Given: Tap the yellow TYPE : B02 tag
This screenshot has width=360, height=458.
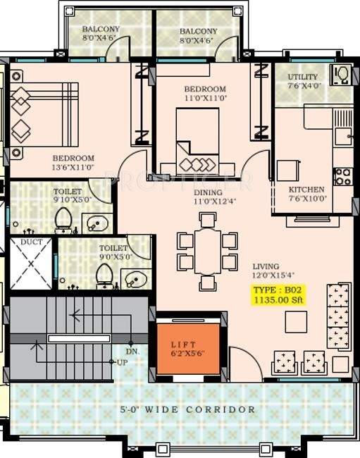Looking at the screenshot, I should (x=278, y=290).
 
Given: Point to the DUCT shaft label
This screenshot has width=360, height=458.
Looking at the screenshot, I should (x=31, y=242).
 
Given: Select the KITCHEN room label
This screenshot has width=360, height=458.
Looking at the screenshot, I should (x=306, y=190).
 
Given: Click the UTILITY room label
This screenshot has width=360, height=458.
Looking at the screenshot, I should (x=303, y=77).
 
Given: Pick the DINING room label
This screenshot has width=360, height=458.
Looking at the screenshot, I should (x=209, y=192).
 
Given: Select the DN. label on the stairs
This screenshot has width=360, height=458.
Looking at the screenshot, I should (x=132, y=350).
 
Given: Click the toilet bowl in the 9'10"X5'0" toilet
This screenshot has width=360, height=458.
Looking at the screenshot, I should (x=63, y=220).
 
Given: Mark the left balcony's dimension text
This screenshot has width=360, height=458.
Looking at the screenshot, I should (x=101, y=39).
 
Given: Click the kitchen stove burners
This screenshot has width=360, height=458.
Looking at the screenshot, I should (x=343, y=176).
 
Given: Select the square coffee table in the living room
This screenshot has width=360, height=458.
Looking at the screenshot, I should (x=295, y=321).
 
